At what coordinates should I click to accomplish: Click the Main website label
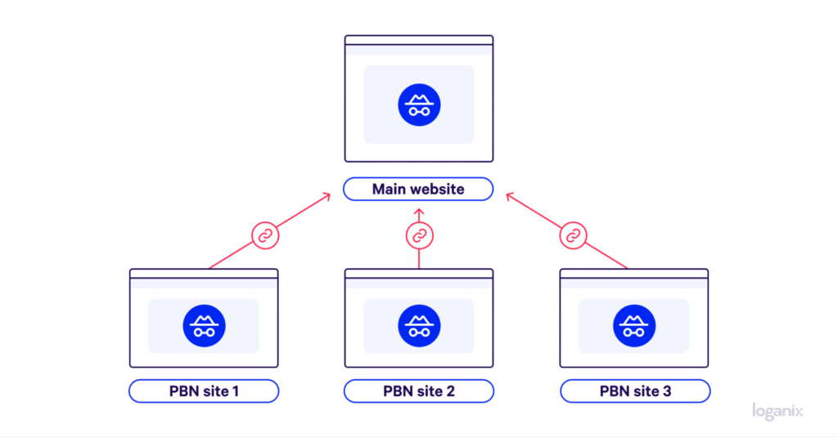(418, 190)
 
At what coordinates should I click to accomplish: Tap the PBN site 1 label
(203, 391)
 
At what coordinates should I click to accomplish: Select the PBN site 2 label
(418, 391)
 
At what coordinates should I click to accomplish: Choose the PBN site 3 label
(634, 391)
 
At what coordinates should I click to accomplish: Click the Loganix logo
(777, 412)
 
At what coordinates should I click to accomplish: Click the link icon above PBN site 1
(264, 236)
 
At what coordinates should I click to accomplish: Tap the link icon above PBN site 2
(419, 236)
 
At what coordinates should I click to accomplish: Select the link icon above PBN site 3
(573, 236)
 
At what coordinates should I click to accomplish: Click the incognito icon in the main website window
(419, 105)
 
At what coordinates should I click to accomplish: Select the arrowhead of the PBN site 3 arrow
(510, 196)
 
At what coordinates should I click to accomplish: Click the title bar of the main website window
(419, 41)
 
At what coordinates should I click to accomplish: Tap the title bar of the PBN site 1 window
(204, 274)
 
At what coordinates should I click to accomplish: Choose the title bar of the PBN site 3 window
(634, 274)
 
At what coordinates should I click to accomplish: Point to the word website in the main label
(437, 190)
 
